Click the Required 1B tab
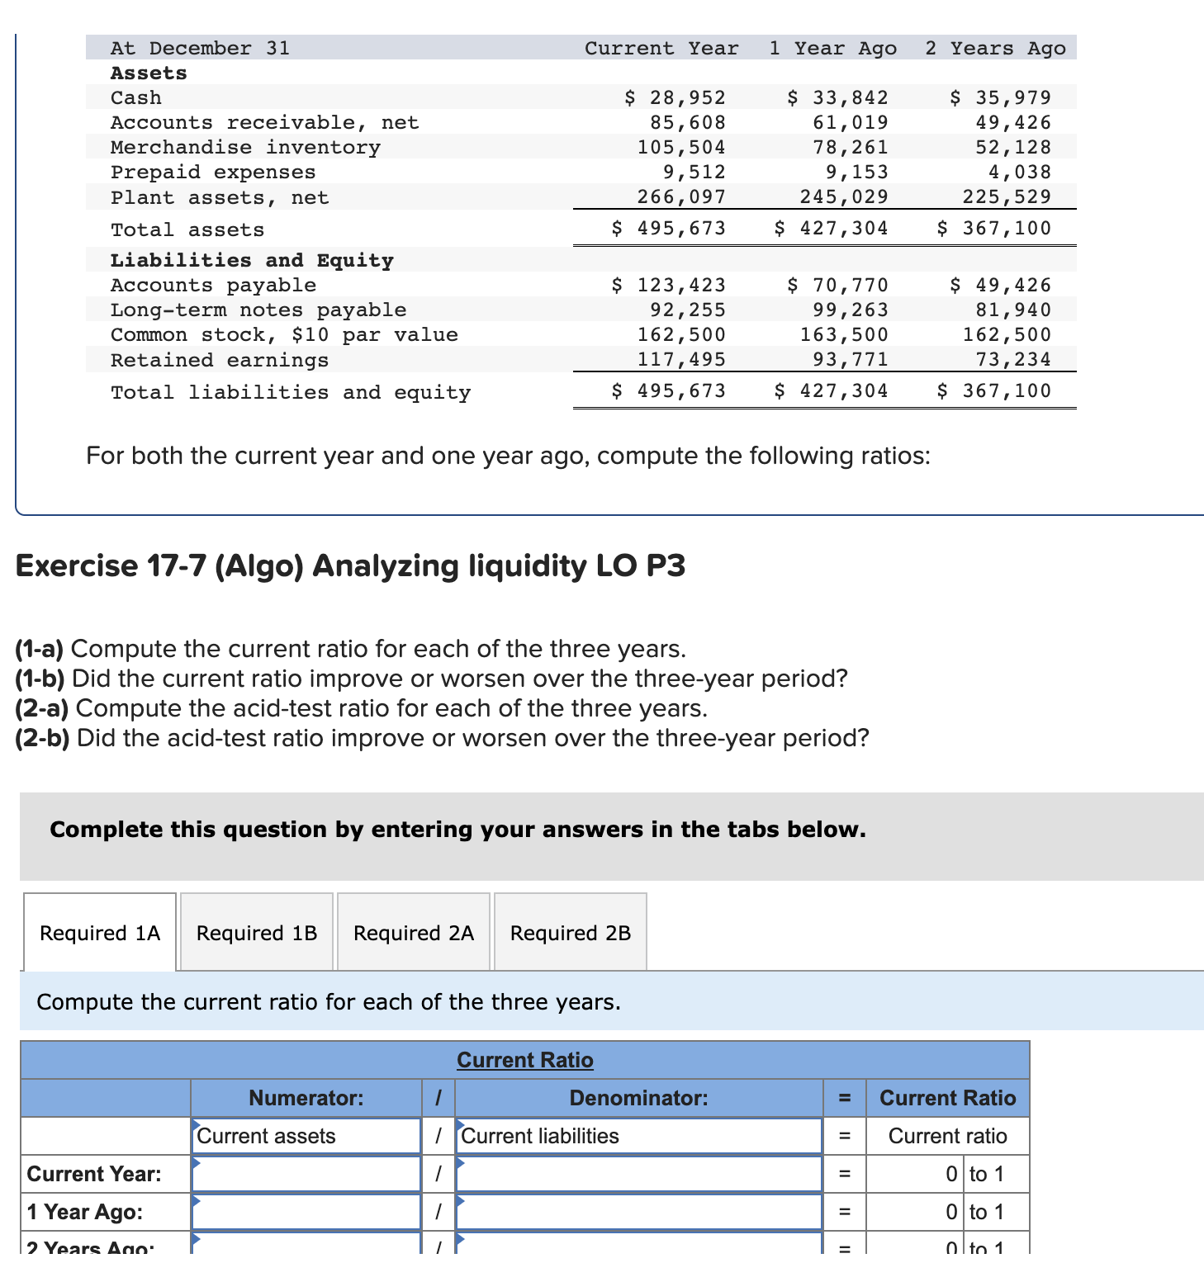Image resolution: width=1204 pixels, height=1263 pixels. pyautogui.click(x=257, y=933)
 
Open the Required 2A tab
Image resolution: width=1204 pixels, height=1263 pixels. pyautogui.click(x=414, y=933)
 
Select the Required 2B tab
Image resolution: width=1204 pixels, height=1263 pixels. pyautogui.click(x=571, y=933)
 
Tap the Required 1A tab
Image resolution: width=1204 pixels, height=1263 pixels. pyautogui.click(x=100, y=933)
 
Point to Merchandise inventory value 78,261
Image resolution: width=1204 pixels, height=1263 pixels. pyautogui.click(x=851, y=147)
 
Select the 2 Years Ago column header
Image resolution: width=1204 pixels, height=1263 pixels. pyautogui.click(x=995, y=48)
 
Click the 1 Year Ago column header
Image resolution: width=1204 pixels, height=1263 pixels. pyautogui.click(x=832, y=48)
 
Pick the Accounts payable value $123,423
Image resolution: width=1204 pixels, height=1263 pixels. pyautogui.click(x=669, y=285)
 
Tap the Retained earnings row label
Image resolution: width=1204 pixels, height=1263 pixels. pyautogui.click(x=220, y=360)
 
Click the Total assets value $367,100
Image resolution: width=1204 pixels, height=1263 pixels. pyautogui.click(x=994, y=228)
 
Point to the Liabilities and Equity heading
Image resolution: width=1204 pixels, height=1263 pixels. pyautogui.click(x=252, y=260)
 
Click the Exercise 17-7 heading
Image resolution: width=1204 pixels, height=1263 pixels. pyautogui.click(x=350, y=566)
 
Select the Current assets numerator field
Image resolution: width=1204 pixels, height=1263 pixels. pyautogui.click(x=306, y=1136)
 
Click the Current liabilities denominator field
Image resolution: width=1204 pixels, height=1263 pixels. pyautogui.click(x=638, y=1136)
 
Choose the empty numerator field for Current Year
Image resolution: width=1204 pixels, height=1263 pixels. pyautogui.click(x=306, y=1174)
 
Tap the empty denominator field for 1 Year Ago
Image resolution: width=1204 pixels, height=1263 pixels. pyautogui.click(x=638, y=1212)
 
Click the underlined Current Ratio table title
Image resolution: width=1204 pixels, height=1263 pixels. pyautogui.click(x=525, y=1060)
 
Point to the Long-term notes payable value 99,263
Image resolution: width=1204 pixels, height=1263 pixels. pyautogui.click(x=851, y=310)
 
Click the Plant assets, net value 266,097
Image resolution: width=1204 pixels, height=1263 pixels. pyautogui.click(x=681, y=196)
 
